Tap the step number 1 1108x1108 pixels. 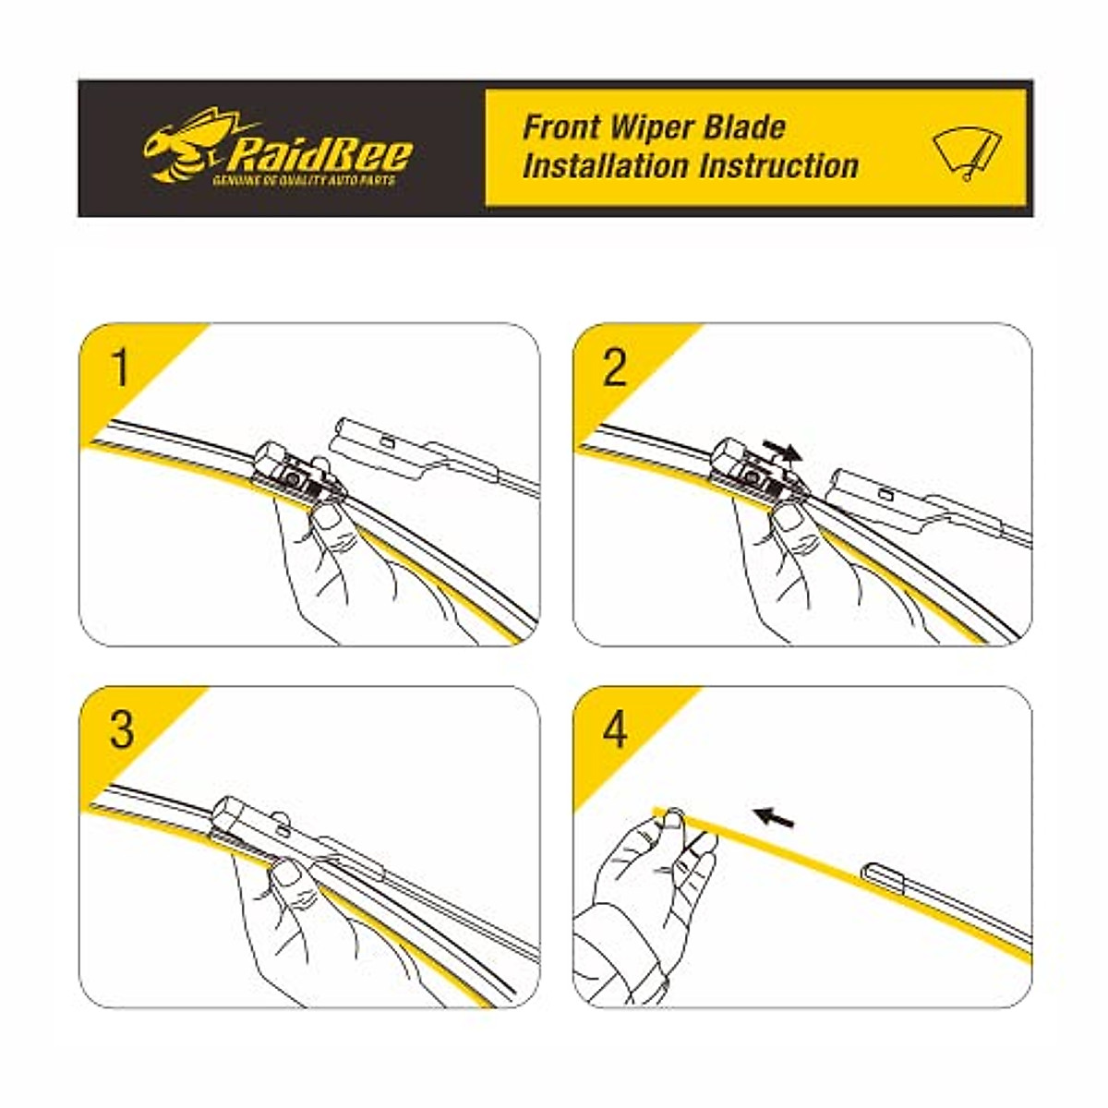pos(121,367)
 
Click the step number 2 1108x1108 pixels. pos(614,367)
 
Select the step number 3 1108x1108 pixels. pos(121,729)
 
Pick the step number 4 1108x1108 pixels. pos(614,729)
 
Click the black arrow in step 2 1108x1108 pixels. pos(781,451)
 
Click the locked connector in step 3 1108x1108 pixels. pos(277,826)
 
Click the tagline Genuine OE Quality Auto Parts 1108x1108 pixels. pos(305,181)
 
